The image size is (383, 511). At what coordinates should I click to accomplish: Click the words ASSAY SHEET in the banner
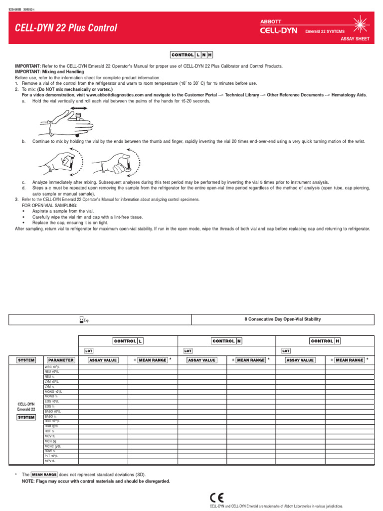pyautogui.click(x=355, y=39)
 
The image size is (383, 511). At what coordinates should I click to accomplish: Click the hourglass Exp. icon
pyautogui.click(x=83, y=319)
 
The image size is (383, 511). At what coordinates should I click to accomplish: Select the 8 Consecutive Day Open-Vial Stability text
pyautogui.click(x=283, y=319)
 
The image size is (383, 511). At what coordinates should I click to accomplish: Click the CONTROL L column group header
pyautogui.click(x=128, y=341)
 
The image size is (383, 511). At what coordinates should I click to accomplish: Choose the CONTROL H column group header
pyautogui.click(x=325, y=341)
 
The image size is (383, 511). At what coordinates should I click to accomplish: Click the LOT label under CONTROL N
pyautogui.click(x=189, y=351)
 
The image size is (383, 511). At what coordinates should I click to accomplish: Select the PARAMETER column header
pyautogui.click(x=60, y=360)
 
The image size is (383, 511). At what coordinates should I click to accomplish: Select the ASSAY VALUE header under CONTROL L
pyautogui.click(x=103, y=360)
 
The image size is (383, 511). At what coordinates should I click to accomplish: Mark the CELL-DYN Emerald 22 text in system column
pyautogui.click(x=26, y=406)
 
